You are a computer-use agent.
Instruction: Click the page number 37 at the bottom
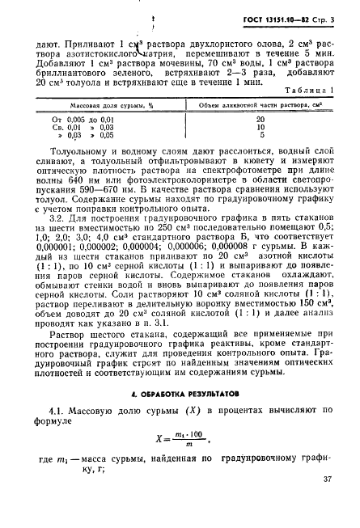click(x=327, y=502)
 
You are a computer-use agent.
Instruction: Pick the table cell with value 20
click(x=260, y=119)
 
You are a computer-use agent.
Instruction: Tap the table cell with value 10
click(x=260, y=127)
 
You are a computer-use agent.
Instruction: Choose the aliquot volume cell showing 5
click(x=260, y=135)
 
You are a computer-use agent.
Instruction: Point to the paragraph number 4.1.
click(x=55, y=417)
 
